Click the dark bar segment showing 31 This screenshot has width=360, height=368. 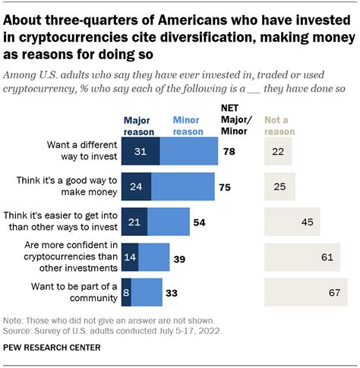click(141, 153)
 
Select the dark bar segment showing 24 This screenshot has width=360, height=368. click(136, 186)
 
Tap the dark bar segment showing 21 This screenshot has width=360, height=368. click(134, 222)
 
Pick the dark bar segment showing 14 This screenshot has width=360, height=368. click(130, 257)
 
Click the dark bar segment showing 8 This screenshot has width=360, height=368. click(126, 292)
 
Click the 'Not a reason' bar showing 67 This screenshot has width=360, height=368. click(305, 292)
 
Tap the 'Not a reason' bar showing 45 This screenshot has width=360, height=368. click(292, 222)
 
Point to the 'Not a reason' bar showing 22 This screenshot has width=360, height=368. click(277, 153)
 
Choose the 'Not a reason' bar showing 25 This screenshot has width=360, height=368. click(279, 186)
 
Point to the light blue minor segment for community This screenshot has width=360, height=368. click(147, 292)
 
